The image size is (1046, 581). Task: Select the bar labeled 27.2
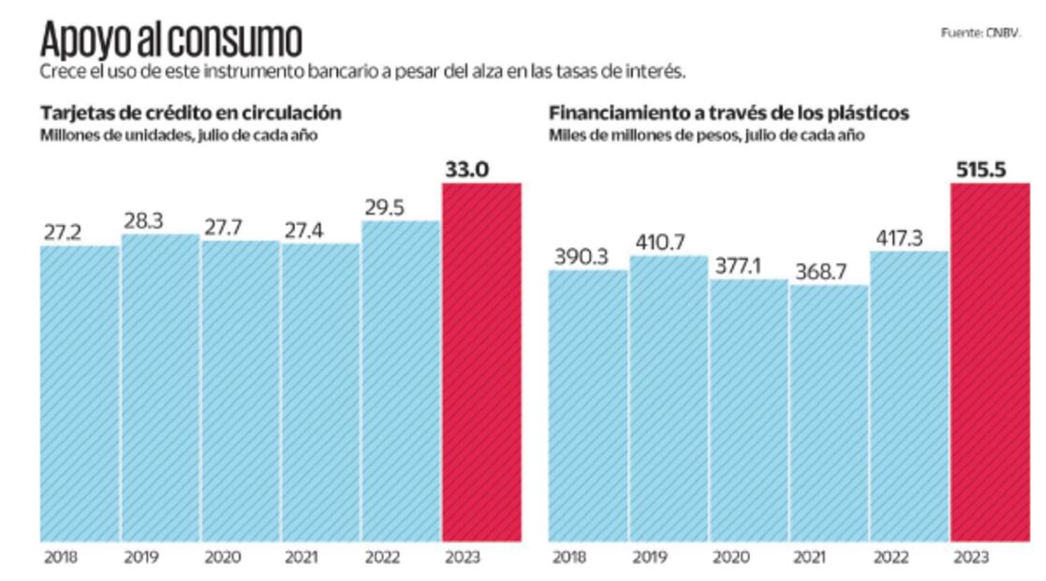pyautogui.click(x=80, y=394)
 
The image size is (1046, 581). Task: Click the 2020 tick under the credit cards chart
pyautogui.click(x=222, y=558)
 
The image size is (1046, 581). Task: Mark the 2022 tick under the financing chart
pyautogui.click(x=891, y=558)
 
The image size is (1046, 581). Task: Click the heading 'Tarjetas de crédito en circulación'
pyautogui.click(x=190, y=113)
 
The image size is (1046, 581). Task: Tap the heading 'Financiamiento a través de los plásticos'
pyautogui.click(x=729, y=113)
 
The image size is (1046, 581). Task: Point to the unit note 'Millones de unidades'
pyautogui.click(x=103, y=135)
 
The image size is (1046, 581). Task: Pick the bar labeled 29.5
pyautogui.click(x=401, y=380)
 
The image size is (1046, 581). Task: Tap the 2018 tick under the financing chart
pyautogui.click(x=569, y=558)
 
